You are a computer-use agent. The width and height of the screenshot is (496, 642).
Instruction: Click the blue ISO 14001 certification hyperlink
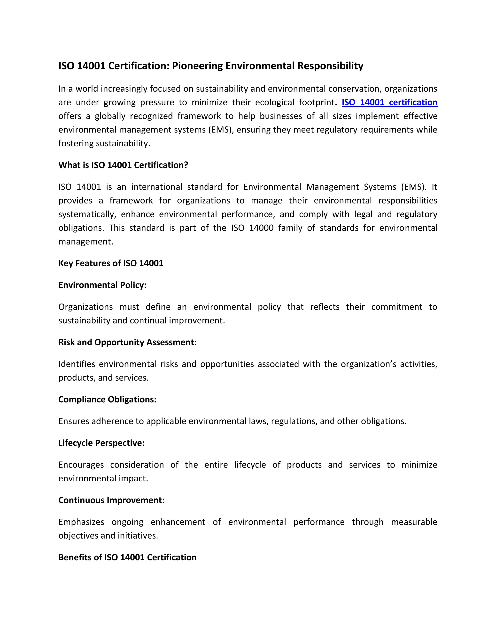click(389, 102)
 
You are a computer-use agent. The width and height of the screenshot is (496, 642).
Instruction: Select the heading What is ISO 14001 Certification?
click(123, 165)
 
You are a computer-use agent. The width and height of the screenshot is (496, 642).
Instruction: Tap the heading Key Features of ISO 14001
click(111, 263)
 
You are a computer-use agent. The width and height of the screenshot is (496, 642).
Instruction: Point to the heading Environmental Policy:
click(102, 285)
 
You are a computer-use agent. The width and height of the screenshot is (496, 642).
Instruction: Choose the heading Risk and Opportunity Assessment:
click(127, 342)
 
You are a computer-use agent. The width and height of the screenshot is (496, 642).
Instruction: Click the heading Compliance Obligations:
click(107, 399)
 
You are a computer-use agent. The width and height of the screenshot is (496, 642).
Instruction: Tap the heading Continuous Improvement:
click(111, 500)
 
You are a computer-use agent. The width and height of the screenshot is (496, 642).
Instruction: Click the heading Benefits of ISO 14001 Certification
click(127, 557)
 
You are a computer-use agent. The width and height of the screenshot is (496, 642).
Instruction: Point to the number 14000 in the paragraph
click(261, 228)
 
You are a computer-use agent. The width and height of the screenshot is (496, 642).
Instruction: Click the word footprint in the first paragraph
click(317, 102)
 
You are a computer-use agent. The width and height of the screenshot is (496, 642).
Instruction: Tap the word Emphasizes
click(81, 522)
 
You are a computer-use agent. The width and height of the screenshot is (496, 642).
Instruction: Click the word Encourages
click(81, 465)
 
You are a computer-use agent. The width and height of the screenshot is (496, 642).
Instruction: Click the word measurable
click(414, 522)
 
